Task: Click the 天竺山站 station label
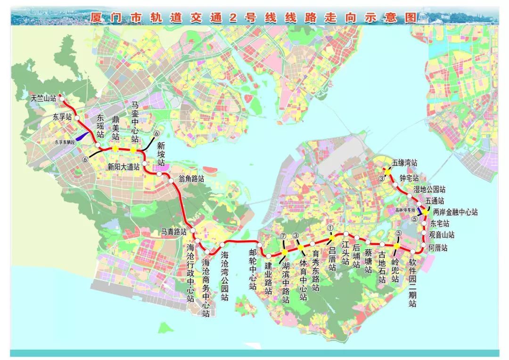point(43,98)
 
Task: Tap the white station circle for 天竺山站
point(61,99)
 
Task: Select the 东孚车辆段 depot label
point(68,141)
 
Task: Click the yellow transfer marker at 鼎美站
point(115,148)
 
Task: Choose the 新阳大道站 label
point(123,166)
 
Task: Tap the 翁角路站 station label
point(191,179)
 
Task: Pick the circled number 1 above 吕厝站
point(330,228)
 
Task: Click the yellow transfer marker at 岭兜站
point(397,246)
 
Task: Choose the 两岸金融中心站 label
point(455,213)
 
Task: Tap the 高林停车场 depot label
point(406,209)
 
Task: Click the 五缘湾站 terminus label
point(404,163)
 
